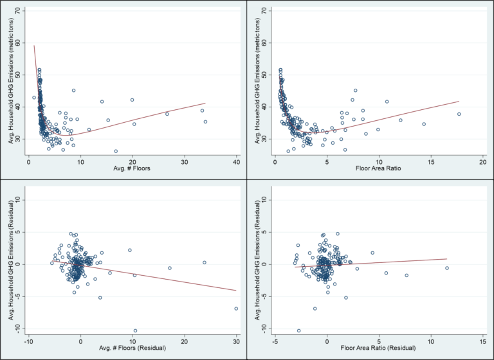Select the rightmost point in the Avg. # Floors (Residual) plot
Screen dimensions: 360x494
(x=236, y=309)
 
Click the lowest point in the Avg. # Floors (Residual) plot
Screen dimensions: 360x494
(x=135, y=330)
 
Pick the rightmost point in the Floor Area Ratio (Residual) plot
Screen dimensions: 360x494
(x=446, y=268)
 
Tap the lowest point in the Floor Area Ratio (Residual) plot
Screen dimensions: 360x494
(x=298, y=330)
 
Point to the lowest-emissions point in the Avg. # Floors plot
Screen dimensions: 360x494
(x=116, y=151)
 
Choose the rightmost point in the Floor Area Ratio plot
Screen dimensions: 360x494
(x=459, y=114)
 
